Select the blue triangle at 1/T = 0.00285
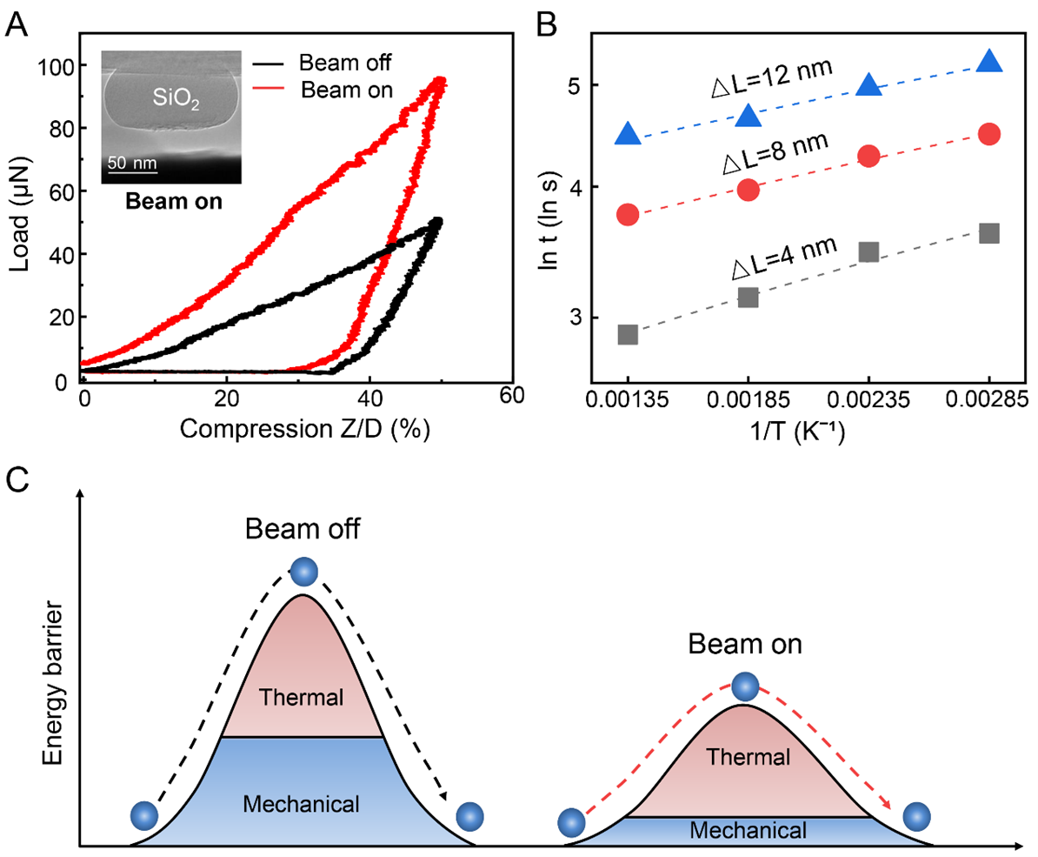[x=989, y=61]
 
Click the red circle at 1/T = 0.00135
[x=628, y=215]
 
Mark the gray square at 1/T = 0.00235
[x=868, y=252]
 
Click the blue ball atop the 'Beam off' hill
[x=303, y=572]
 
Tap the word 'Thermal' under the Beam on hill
[x=747, y=757]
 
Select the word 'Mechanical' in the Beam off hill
[x=302, y=802]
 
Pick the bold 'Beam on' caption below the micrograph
[x=172, y=202]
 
